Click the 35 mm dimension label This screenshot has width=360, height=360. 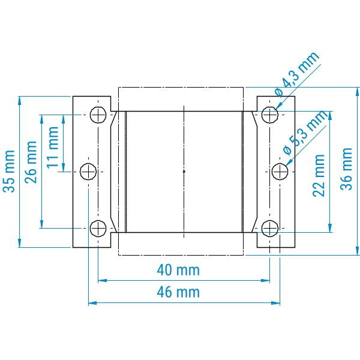click(x=9, y=171)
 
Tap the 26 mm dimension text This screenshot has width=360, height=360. click(x=31, y=163)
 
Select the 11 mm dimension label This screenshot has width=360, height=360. click(x=52, y=148)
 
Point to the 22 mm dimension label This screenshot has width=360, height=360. click(x=319, y=176)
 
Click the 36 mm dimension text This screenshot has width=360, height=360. click(x=346, y=169)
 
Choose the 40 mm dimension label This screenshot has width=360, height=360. click(x=178, y=270)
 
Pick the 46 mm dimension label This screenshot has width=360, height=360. click(x=178, y=292)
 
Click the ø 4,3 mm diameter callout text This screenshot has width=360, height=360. click(x=297, y=74)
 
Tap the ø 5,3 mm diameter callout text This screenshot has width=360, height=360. click(x=305, y=133)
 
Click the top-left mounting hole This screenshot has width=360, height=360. click(x=98, y=115)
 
